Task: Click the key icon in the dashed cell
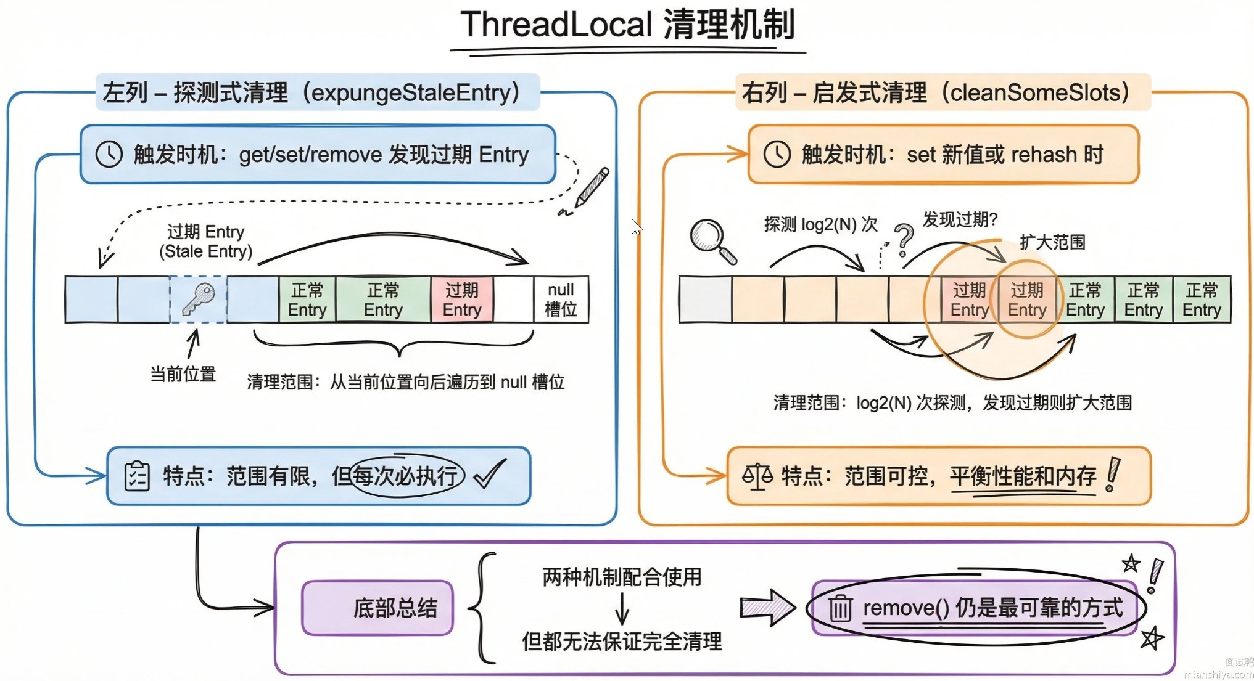(x=199, y=299)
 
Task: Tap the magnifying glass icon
(x=711, y=240)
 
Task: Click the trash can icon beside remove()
(x=839, y=608)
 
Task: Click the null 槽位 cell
(x=560, y=300)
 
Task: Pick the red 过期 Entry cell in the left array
(x=461, y=300)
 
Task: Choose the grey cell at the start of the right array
(x=705, y=300)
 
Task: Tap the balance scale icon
(x=757, y=476)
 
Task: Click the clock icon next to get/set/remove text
(x=109, y=154)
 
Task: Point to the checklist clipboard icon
(x=136, y=476)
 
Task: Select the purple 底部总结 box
(x=377, y=608)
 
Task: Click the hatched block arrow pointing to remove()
(x=767, y=608)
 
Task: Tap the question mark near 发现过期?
(x=904, y=239)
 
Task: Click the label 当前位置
(x=183, y=374)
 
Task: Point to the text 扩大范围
(x=1052, y=242)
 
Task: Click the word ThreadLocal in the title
(x=556, y=25)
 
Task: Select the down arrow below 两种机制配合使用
(x=622, y=609)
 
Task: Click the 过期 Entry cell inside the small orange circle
(x=1026, y=300)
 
